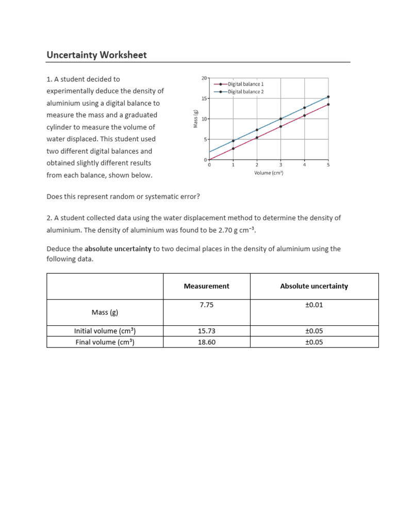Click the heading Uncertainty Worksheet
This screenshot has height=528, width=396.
pos(96,55)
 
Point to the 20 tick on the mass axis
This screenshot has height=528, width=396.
pos(204,78)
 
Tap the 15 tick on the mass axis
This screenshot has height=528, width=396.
pos(204,98)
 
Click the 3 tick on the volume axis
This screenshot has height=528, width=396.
pos(280,165)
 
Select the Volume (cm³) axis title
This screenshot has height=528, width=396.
pos(269,173)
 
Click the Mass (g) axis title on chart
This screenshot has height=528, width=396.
pos(195,119)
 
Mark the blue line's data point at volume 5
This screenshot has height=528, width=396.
pos(328,96)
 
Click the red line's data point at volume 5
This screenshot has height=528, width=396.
pos(328,104)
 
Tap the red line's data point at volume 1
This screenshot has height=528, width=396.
pos(233,148)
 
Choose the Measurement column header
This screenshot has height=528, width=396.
pos(206,286)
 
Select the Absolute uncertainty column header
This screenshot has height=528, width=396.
pos(313,286)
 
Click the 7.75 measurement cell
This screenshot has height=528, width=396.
pos(206,305)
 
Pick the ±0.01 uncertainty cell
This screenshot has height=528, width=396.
pos(313,305)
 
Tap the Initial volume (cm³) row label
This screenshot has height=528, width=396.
pos(105,331)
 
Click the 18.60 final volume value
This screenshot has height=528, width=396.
pos(206,342)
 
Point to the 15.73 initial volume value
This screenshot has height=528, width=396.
pos(206,331)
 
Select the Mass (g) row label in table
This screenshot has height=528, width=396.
pos(105,312)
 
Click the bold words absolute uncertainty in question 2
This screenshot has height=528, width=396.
pos(118,249)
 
